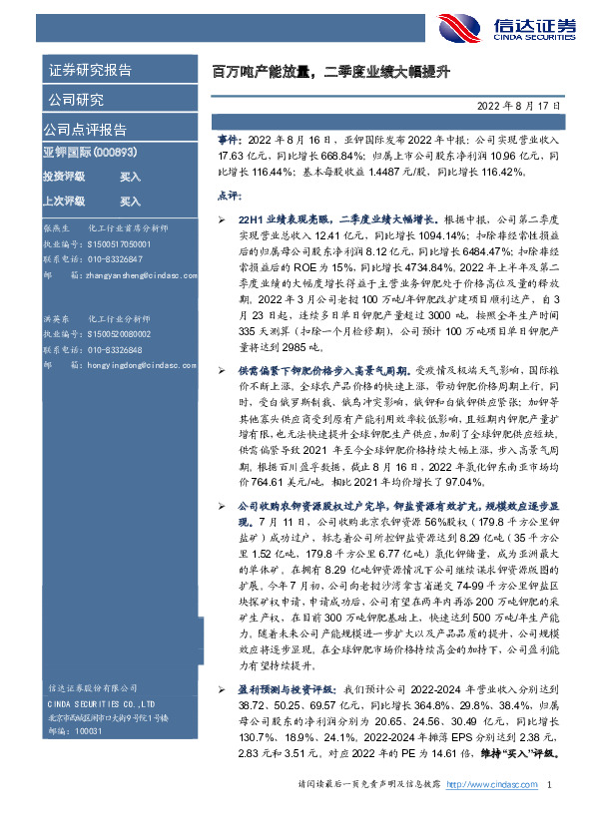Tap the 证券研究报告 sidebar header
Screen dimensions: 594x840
coord(90,70)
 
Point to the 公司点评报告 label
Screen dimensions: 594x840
coord(84,130)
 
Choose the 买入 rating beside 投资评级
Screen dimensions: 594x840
coord(131,176)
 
